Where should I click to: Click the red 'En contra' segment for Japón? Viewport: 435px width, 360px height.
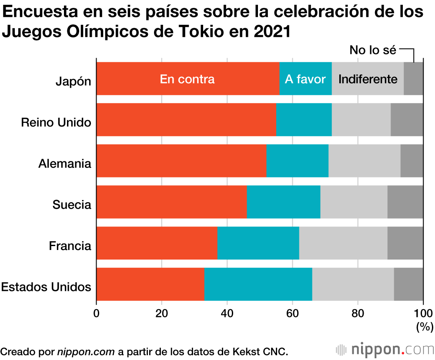pos(187,79)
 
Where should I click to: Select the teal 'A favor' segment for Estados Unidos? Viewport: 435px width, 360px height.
pos(258,284)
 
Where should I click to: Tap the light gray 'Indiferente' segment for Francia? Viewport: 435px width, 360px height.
pos(343,243)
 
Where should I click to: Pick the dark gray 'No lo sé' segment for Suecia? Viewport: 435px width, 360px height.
pos(405,202)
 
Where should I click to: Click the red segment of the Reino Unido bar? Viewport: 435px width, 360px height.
pos(186,120)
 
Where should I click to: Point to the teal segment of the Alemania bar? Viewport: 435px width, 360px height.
pos(297,161)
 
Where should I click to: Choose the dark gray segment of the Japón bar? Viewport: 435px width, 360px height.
pos(413,79)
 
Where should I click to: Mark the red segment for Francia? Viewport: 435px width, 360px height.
pos(157,243)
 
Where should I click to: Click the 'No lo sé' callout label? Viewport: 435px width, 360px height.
pos(373,50)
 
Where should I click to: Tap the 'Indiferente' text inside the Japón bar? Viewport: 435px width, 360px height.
pos(368,79)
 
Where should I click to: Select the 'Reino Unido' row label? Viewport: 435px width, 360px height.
pos(56,123)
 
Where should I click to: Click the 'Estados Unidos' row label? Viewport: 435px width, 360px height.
pos(46,287)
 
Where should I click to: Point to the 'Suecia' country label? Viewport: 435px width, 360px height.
pos(72,204)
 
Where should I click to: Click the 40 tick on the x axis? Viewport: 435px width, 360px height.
pos(227,313)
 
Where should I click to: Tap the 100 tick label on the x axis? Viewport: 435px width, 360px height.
pos(422,313)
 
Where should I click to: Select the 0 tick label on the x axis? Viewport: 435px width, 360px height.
pos(97,313)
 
